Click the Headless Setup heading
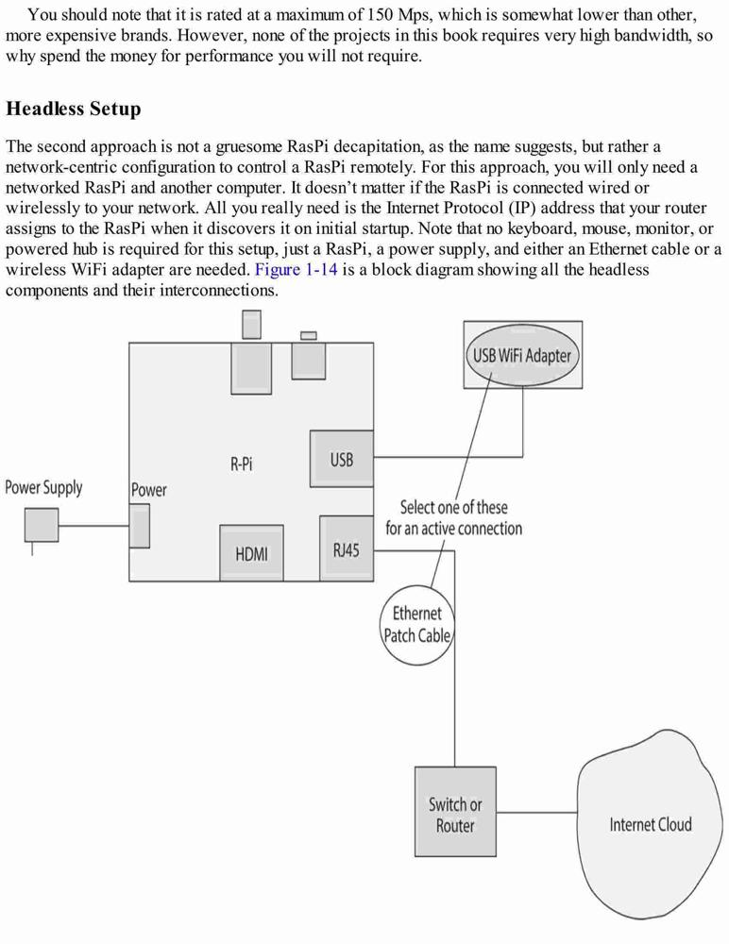74,109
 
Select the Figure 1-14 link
296,269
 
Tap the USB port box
342,459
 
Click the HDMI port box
251,552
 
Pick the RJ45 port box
347,548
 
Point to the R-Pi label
242,464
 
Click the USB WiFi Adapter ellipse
522,355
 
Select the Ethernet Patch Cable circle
417,625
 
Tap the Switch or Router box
455,812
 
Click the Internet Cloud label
651,824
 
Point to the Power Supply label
43,488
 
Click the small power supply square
42,525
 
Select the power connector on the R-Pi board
139,526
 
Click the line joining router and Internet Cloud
536,812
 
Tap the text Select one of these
453,508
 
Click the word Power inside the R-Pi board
149,489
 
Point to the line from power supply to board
94,526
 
